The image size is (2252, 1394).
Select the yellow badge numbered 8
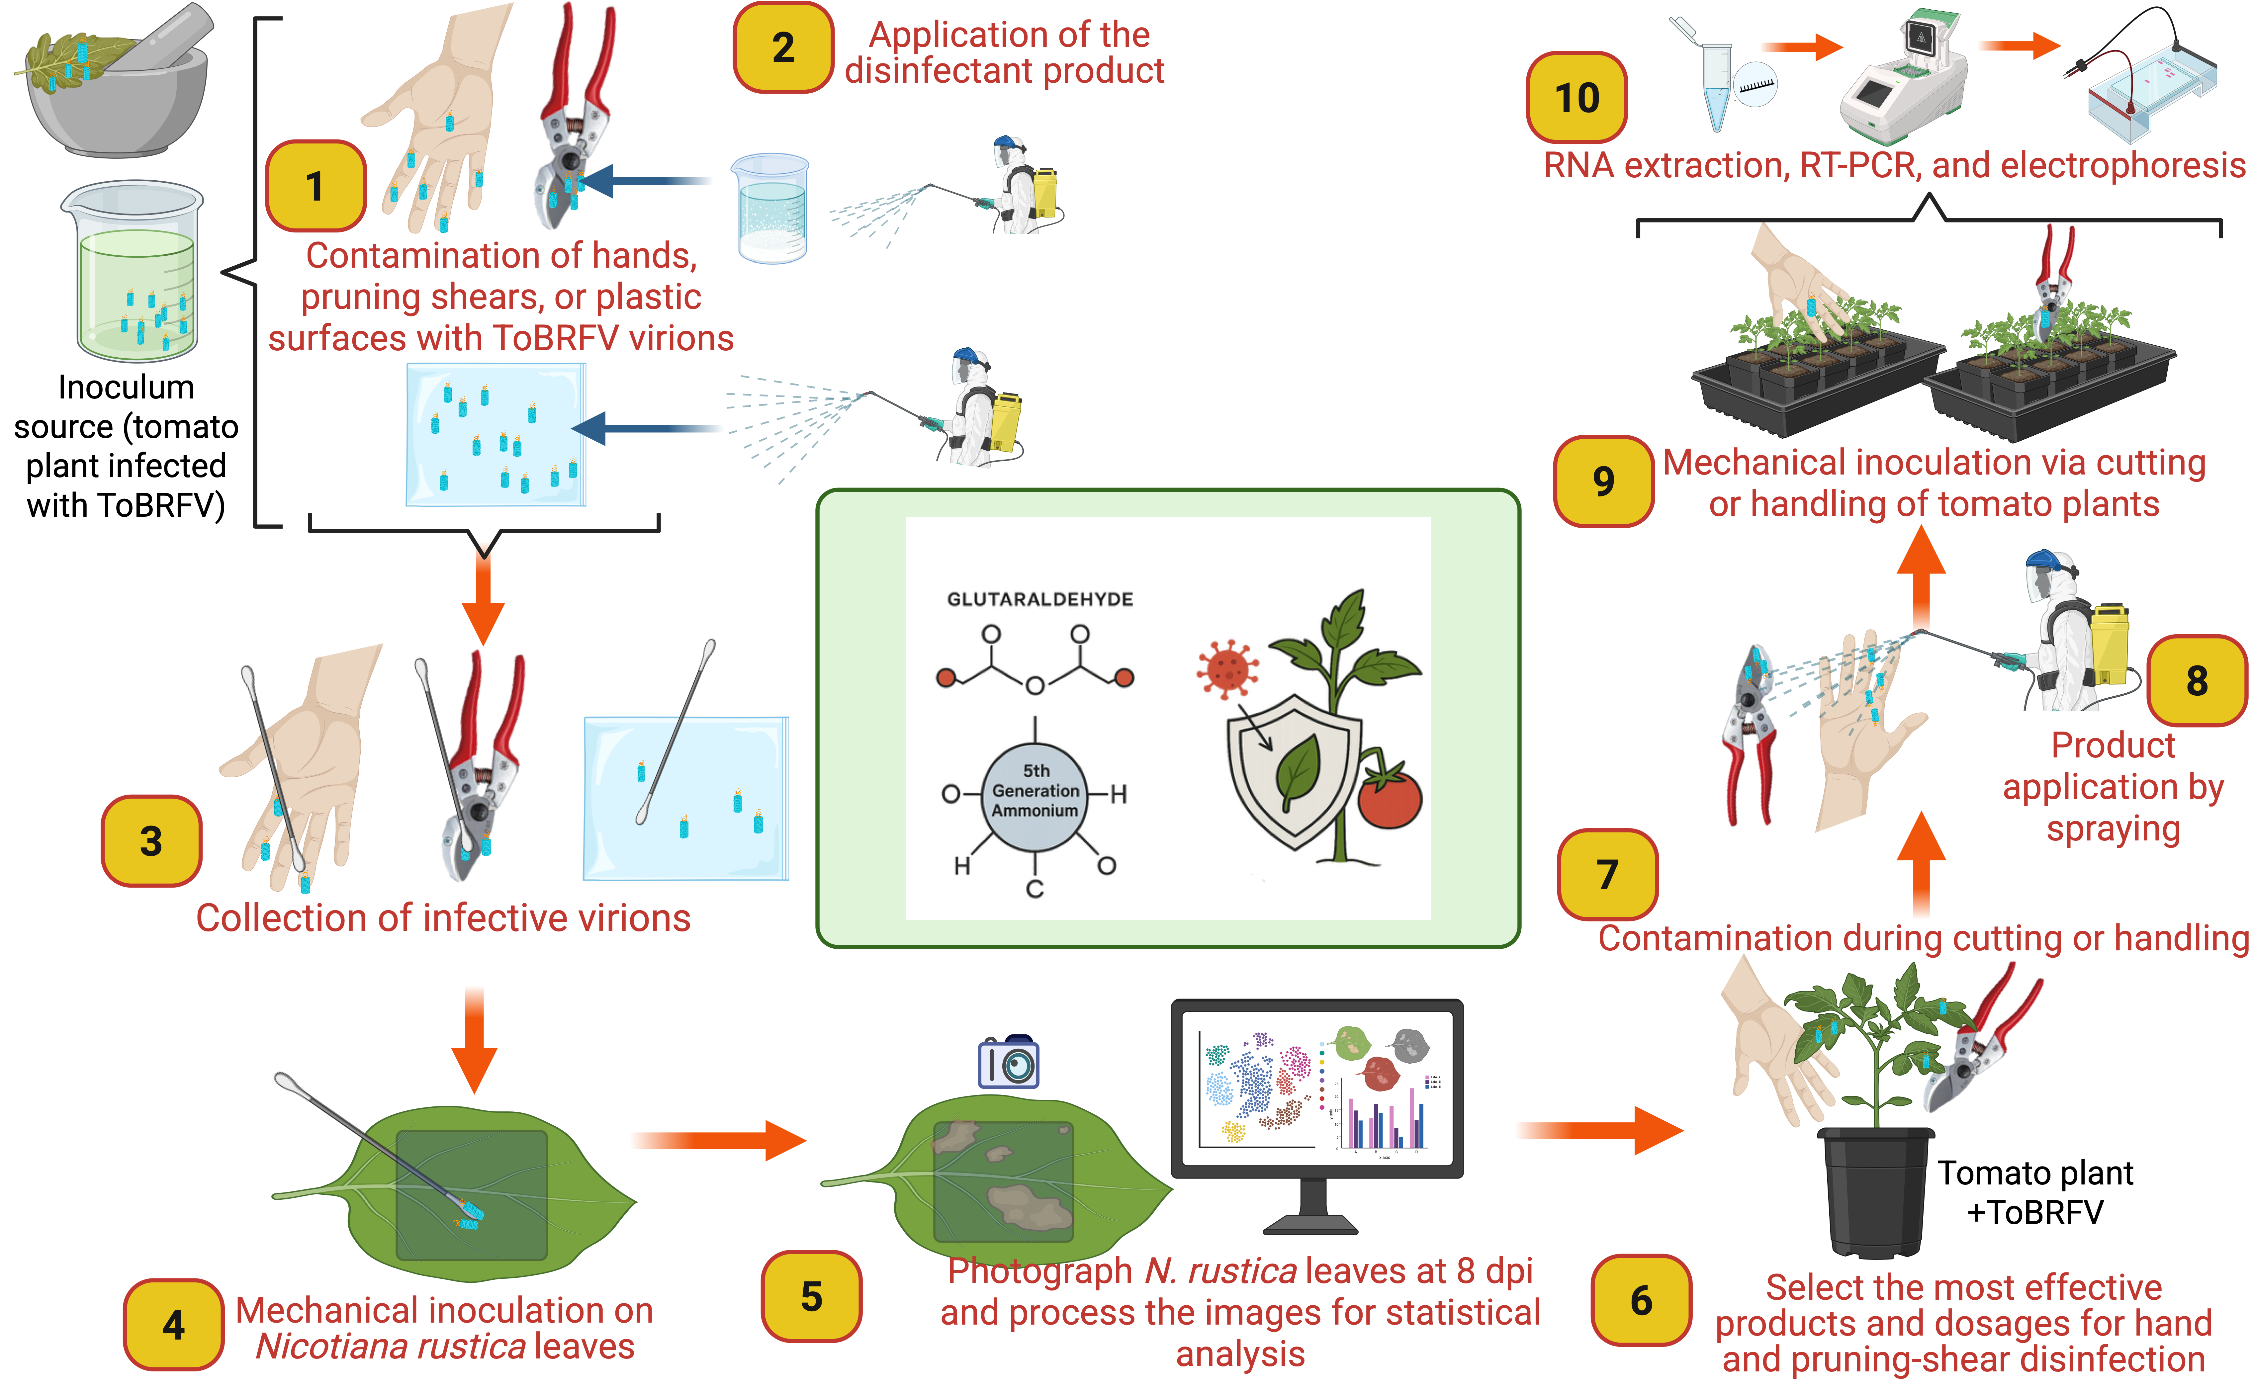click(x=2197, y=680)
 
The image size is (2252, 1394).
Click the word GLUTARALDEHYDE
click(x=1040, y=599)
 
